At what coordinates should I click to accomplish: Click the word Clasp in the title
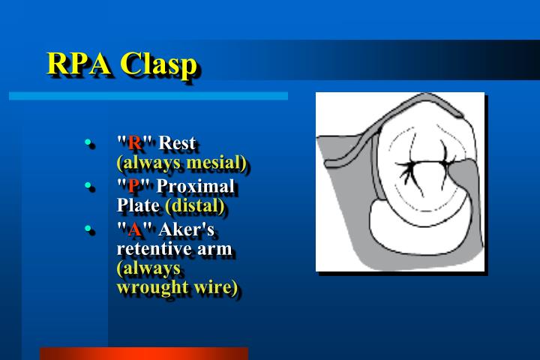pos(158,64)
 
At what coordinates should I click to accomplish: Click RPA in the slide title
pos(79,63)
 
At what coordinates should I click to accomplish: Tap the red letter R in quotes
pos(134,142)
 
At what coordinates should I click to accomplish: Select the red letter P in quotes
pos(133,186)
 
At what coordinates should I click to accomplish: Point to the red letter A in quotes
pos(135,229)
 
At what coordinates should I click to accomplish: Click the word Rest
pos(177,142)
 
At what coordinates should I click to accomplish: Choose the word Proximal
pos(195,186)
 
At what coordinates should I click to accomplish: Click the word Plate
pos(138,205)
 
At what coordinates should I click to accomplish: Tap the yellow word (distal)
pos(195,206)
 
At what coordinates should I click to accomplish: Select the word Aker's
pos(186,229)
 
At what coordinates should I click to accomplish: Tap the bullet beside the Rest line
pos(88,142)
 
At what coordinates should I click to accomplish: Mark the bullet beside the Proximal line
pos(88,185)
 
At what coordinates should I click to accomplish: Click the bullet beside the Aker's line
pos(88,229)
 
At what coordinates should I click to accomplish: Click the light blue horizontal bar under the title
pos(148,96)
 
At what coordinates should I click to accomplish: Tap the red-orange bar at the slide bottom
pos(144,354)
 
